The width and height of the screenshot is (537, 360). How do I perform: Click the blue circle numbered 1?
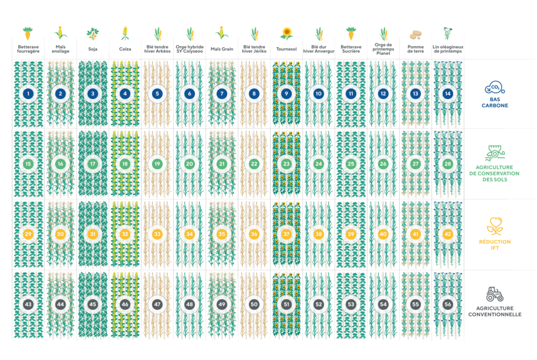[x=28, y=94]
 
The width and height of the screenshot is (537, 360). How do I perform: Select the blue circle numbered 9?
[x=286, y=94]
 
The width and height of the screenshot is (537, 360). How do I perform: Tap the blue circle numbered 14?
[x=447, y=94]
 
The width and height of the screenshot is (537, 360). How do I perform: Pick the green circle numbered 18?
[x=125, y=164]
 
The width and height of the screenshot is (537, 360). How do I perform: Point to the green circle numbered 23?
[x=286, y=164]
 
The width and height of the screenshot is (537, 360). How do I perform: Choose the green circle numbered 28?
[x=447, y=164]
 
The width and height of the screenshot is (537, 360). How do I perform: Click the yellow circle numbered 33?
[x=157, y=234]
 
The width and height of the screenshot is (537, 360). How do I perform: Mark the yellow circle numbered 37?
[x=286, y=234]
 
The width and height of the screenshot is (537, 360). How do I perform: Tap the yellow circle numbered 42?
[x=447, y=234]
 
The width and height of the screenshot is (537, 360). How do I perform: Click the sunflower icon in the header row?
[x=286, y=34]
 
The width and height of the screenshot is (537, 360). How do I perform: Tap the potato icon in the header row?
[x=415, y=35]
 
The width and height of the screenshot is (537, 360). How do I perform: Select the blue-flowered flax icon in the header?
[x=447, y=33]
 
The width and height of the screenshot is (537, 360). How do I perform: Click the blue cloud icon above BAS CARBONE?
[x=494, y=88]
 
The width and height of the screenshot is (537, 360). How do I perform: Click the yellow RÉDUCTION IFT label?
[x=495, y=245]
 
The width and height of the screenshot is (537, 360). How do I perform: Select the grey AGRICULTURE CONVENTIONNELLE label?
[x=495, y=311]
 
